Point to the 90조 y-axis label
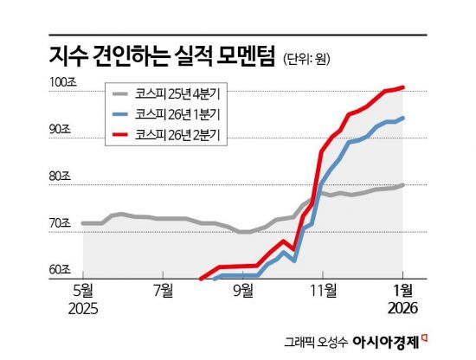coord(61,129)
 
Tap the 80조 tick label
coord(61,177)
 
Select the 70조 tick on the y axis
coord(61,223)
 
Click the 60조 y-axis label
coord(61,270)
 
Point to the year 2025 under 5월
coord(83,309)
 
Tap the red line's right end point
coord(404,87)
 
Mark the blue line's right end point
coord(404,118)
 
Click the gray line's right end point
coord(404,184)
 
